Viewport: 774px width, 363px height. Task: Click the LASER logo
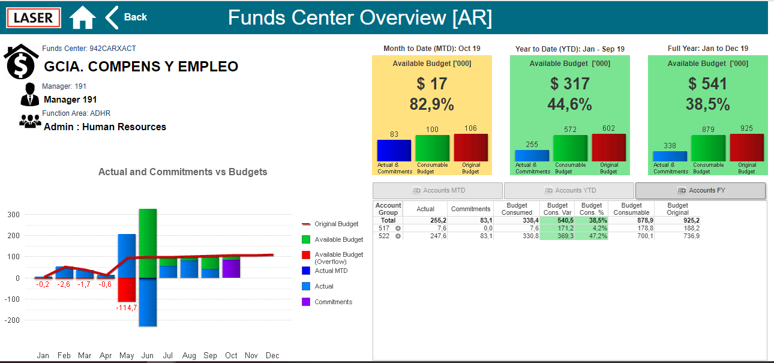point(34,17)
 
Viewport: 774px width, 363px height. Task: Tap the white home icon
point(82,17)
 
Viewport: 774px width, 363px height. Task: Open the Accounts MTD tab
point(437,191)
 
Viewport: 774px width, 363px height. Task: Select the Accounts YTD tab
point(569,191)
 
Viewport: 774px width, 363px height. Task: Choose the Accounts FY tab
point(700,191)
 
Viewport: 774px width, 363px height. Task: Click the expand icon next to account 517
point(398,228)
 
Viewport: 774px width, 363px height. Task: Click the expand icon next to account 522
point(398,236)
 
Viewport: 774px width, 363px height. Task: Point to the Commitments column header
point(470,209)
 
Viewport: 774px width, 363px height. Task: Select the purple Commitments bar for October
point(231,269)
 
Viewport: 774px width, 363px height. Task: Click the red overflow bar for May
point(127,290)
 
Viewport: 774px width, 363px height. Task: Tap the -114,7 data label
point(127,307)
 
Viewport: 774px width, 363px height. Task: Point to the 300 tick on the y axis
point(13,214)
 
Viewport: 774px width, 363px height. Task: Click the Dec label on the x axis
point(272,355)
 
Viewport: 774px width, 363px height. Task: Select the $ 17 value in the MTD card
point(431,84)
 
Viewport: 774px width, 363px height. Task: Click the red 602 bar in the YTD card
point(608,148)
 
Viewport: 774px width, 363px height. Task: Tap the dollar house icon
point(21,61)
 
